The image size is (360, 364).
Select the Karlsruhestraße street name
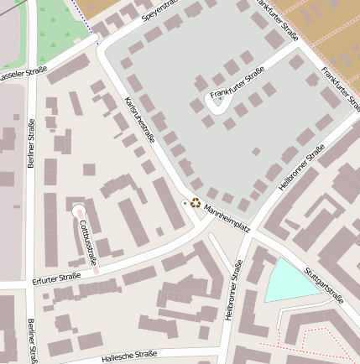tap(139, 120)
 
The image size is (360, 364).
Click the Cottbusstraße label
tap(88, 238)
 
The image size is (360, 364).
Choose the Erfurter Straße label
tap(56, 278)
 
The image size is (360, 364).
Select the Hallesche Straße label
tap(129, 356)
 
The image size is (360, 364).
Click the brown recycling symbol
tap(196, 202)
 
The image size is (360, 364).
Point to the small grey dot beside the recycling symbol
tap(185, 203)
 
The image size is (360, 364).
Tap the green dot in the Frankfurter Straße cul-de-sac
tap(220, 98)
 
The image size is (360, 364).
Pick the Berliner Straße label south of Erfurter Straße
tap(32, 340)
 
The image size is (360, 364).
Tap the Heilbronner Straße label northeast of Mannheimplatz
tap(301, 167)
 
